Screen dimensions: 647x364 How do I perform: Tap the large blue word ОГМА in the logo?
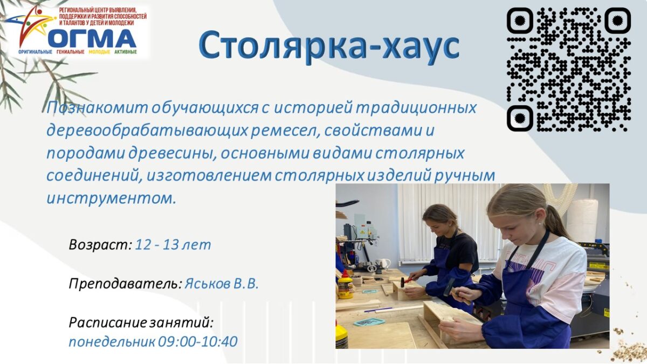(92, 38)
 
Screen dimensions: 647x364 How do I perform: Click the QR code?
(569, 70)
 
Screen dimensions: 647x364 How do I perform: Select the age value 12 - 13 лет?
(173, 245)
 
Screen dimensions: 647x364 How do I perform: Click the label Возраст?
(100, 245)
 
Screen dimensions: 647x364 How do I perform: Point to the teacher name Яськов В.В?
(221, 284)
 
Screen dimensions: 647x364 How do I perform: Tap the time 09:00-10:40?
(198, 342)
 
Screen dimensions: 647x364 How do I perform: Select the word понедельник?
(112, 342)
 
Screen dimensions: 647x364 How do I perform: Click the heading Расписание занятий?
(141, 322)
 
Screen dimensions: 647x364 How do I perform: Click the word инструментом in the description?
(111, 198)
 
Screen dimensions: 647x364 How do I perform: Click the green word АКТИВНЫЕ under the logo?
(125, 52)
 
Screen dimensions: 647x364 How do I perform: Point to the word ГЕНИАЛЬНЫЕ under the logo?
(71, 52)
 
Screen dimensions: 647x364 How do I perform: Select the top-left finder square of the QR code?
(520, 20)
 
